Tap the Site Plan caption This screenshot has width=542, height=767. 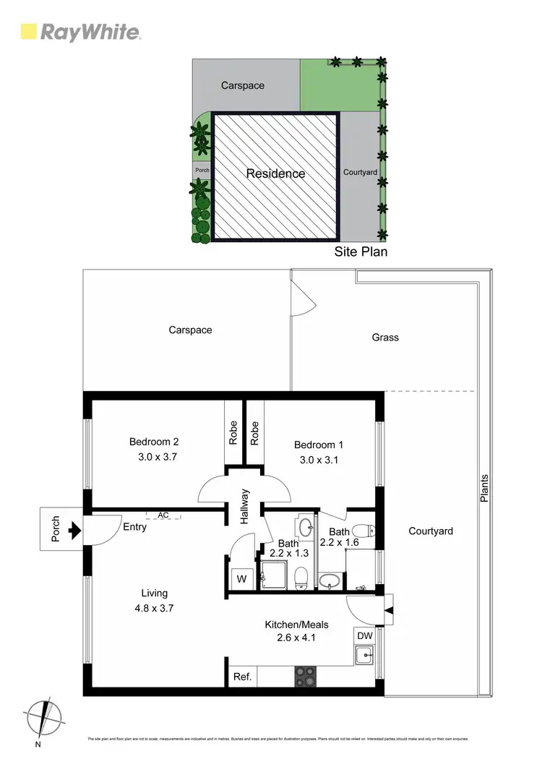click(x=361, y=252)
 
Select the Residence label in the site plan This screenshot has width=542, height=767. click(x=275, y=173)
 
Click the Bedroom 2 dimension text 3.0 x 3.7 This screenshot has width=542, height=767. click(x=157, y=457)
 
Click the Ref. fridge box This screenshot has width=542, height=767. click(x=243, y=677)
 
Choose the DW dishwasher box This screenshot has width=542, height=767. click(x=365, y=635)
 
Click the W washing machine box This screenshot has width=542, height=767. click(x=241, y=578)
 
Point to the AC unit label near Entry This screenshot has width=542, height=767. click(x=163, y=515)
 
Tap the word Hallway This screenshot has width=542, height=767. click(x=245, y=506)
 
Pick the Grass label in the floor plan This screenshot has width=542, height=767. click(x=385, y=337)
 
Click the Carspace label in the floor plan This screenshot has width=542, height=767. click(x=190, y=330)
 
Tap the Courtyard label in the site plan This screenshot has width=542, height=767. click(x=360, y=172)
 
